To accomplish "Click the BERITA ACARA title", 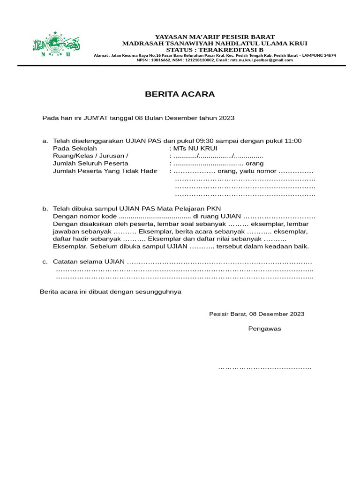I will (180, 94).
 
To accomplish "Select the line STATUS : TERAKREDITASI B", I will (215, 49).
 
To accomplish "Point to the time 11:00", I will (292, 141).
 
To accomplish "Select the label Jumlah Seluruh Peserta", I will (90, 163).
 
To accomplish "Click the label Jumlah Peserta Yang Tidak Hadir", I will (105, 171).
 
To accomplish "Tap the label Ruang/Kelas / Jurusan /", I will (90, 156).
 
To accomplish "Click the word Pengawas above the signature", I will (264, 329).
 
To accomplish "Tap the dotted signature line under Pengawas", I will (264, 368).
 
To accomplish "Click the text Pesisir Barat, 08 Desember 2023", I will (256, 314).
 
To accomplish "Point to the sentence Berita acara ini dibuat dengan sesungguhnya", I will (111, 292).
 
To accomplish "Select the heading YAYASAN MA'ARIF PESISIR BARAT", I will (215, 37).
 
